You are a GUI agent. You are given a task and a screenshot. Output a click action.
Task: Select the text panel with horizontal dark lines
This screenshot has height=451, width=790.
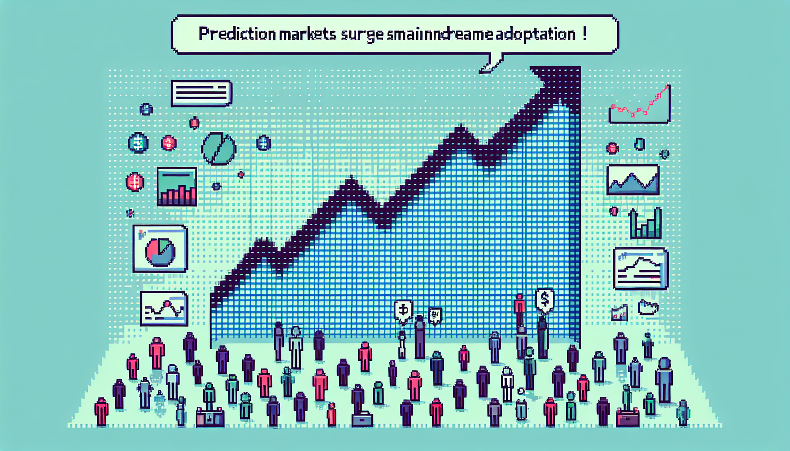[201, 93]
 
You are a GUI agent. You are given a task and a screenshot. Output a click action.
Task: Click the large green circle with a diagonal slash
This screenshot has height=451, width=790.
[218, 149]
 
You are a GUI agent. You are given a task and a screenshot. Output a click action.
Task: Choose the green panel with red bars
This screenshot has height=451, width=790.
[177, 187]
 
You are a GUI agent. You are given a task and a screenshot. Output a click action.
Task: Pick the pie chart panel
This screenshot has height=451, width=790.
[160, 248]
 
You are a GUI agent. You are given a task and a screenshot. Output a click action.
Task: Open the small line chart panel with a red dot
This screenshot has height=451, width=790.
[164, 308]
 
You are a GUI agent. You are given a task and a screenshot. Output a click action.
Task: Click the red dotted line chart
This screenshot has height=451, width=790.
[640, 105]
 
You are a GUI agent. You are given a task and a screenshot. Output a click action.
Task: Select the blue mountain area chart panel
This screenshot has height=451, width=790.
[632, 180]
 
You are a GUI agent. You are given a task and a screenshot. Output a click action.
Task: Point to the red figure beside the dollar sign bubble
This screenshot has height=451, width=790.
[519, 308]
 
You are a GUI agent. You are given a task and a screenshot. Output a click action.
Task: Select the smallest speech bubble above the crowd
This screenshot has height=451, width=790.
[434, 315]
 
